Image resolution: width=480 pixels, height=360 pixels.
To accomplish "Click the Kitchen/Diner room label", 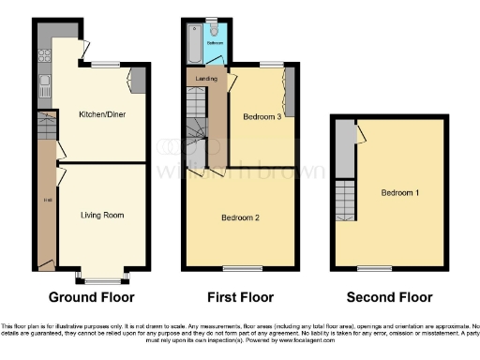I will (x=102, y=114).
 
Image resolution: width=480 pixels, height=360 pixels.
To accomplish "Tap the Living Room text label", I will (x=102, y=215).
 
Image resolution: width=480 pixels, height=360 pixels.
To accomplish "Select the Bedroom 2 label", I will (x=240, y=217).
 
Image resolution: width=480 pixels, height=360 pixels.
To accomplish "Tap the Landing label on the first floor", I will (x=207, y=79).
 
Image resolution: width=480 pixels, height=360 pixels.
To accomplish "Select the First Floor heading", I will (x=241, y=297).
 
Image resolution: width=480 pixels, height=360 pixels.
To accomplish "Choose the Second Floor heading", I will (x=390, y=297).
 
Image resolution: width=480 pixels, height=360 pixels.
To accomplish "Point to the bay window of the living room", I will (x=102, y=278).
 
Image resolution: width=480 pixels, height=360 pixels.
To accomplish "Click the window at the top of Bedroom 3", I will (x=271, y=64).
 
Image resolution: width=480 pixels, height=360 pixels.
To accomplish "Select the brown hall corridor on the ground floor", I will (x=45, y=202).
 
